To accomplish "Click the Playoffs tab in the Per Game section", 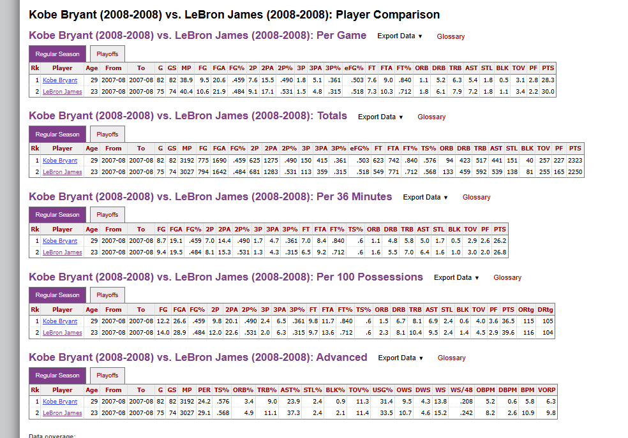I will (107, 54).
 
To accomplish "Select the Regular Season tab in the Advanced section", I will (57, 376).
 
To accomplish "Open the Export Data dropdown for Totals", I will (380, 117).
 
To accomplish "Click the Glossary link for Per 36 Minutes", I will (476, 197).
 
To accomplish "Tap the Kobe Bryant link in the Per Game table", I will (60, 80).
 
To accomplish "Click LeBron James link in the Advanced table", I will (63, 413).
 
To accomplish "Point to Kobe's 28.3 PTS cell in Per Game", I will (548, 80).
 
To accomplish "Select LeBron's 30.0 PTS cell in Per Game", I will (548, 92).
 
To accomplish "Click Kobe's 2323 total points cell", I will (574, 161).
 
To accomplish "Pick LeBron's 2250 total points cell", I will (574, 172).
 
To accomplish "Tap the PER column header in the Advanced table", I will (204, 390).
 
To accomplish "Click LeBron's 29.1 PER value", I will (204, 413).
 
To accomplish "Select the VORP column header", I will (547, 390).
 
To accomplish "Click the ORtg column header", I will (526, 309).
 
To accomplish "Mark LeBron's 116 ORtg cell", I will (528, 333).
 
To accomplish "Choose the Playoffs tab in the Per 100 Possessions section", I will (107, 295).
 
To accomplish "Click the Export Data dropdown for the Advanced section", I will (400, 358).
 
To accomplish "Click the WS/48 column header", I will (461, 390).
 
